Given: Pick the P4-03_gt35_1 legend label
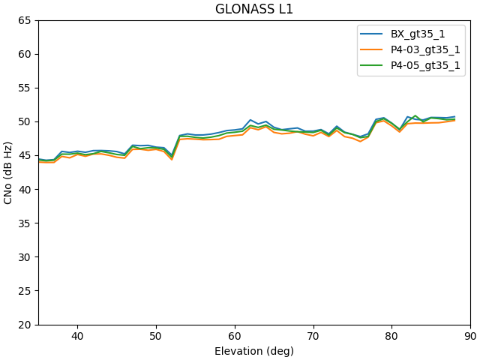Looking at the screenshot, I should [425, 50].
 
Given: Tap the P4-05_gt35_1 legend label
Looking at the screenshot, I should [425, 65].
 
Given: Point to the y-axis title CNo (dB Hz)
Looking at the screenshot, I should [9, 172].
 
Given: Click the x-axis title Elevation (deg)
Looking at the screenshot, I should [254, 351].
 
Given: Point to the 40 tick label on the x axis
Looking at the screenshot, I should [77, 337].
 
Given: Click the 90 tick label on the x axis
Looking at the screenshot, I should [470, 337].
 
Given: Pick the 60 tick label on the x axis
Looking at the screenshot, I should [235, 337].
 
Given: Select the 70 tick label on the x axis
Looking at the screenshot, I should [313, 337].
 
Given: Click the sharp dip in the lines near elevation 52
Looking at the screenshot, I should [172, 157].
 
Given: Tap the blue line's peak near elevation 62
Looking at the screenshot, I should [250, 119].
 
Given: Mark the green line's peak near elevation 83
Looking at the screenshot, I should [415, 116].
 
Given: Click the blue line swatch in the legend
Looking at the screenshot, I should [373, 34].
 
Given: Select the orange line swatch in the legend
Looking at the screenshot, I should [373, 50].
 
